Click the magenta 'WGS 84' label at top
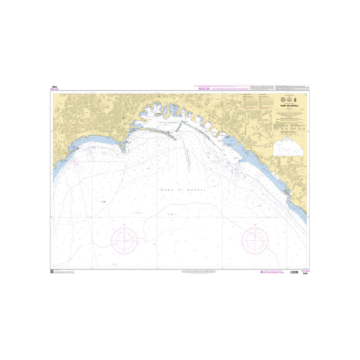tap(203, 89)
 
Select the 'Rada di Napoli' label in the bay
tap(183, 190)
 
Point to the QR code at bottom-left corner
tap(52, 271)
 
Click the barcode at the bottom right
tap(294, 272)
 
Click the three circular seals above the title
tap(288, 99)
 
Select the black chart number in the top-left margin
tap(54, 86)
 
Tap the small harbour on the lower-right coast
tap(288, 192)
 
